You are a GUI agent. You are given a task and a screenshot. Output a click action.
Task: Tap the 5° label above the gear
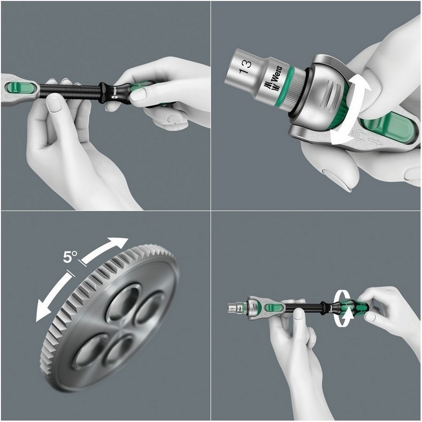[x=71, y=257]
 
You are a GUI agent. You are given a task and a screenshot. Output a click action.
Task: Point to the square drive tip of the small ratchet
[x=233, y=306]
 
